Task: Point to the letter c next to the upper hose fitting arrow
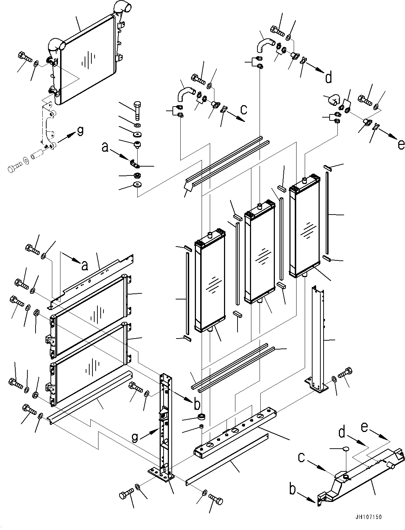tap(244, 109)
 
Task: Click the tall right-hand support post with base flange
tap(318, 337)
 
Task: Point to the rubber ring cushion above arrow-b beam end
tap(202, 417)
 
